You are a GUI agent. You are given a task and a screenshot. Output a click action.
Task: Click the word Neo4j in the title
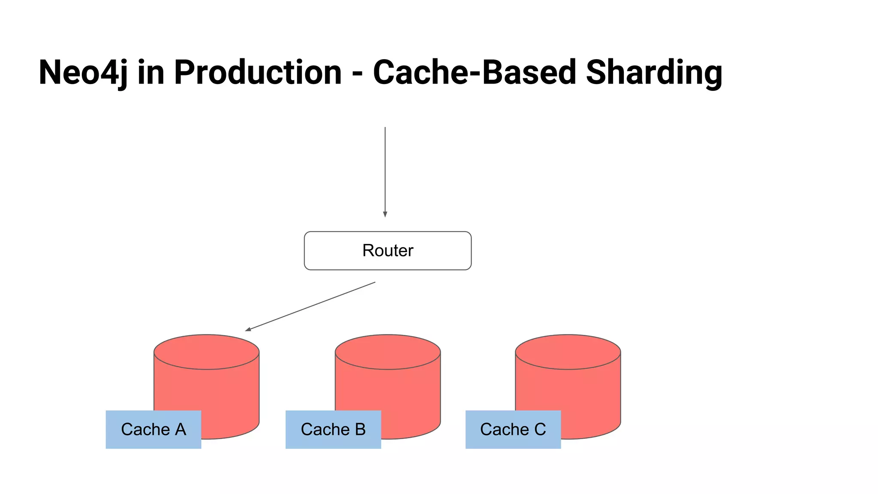tap(83, 72)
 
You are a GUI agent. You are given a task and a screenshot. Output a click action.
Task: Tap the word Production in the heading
tap(258, 72)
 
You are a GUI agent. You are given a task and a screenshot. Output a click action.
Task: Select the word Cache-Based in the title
tap(474, 72)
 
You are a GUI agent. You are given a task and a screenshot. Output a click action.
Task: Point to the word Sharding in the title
tap(654, 72)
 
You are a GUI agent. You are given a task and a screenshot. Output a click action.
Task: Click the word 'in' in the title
tap(151, 72)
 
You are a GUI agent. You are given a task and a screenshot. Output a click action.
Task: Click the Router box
tap(388, 250)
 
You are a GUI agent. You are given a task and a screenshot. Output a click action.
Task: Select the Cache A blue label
tap(153, 429)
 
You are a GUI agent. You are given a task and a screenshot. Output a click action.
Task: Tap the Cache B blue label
tap(333, 429)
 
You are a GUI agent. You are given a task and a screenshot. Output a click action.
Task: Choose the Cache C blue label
tap(513, 429)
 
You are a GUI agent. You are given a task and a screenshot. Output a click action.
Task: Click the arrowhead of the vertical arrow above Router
tap(385, 214)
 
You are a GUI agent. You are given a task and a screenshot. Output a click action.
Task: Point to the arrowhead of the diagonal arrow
tap(248, 329)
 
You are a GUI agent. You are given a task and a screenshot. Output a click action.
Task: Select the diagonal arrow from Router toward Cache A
tap(311, 306)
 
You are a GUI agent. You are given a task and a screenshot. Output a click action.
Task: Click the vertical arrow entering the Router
tap(385, 172)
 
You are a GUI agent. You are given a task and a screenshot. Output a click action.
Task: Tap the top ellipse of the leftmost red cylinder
tap(207, 352)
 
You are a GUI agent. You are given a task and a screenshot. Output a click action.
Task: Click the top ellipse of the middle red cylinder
tap(388, 352)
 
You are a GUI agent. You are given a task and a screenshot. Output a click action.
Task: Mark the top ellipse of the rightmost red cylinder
tap(568, 352)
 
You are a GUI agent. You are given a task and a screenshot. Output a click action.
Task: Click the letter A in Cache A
tap(180, 429)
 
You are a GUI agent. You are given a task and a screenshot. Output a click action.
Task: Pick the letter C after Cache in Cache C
tap(540, 429)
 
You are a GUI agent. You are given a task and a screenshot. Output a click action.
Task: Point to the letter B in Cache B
tap(360, 429)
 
